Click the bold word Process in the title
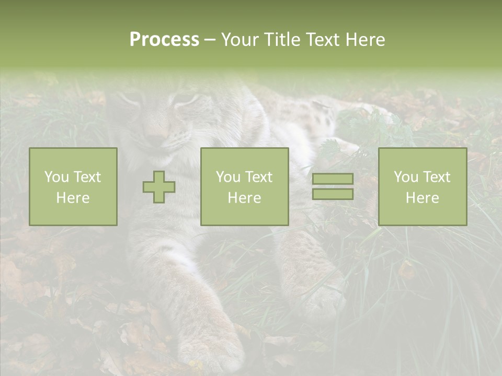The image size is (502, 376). (x=164, y=40)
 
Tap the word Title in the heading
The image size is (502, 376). (x=281, y=40)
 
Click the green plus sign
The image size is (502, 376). (x=159, y=187)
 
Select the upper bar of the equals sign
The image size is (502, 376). (x=333, y=179)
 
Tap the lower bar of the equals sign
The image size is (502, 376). (x=333, y=194)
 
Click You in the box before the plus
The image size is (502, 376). (x=56, y=177)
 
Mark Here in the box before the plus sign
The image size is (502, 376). (x=73, y=198)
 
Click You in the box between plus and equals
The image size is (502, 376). (x=228, y=177)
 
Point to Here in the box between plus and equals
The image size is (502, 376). (x=244, y=198)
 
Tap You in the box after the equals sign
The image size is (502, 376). (x=406, y=177)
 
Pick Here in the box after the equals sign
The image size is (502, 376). (x=423, y=198)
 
